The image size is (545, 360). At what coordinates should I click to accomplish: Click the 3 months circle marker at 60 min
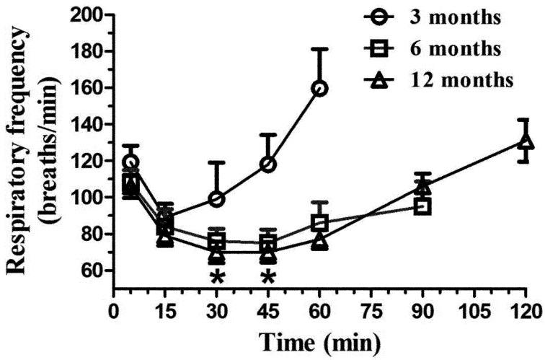(320, 89)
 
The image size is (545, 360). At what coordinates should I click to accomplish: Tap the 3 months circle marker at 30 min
(216, 198)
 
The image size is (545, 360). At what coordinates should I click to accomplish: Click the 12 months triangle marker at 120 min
(526, 141)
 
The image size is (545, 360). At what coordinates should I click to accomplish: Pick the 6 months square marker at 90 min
(422, 206)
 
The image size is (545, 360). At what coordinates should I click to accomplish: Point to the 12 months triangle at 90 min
(422, 187)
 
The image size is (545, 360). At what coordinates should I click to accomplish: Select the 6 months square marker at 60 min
(320, 223)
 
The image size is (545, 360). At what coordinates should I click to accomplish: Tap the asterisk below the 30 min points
(216, 278)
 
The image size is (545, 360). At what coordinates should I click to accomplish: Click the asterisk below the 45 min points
(268, 278)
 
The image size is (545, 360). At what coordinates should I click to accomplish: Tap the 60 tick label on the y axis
(94, 271)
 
